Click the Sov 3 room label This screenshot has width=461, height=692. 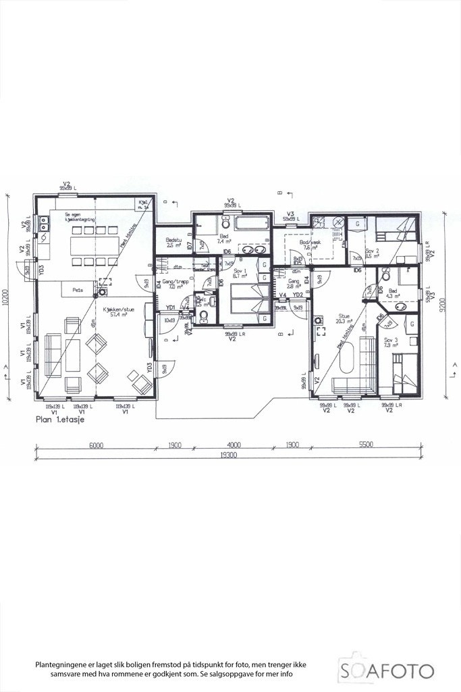click(389, 343)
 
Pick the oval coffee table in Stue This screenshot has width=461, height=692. click(349, 358)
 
